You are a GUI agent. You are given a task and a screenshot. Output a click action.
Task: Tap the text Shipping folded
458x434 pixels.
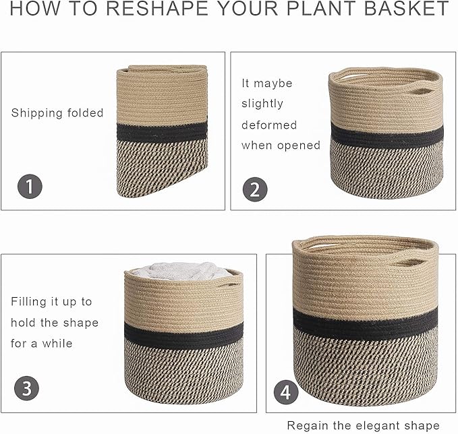point(57,113)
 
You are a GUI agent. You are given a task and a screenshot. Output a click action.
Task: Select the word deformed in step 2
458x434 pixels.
point(269,125)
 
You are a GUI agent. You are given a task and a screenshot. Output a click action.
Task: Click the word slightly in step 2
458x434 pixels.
point(262,104)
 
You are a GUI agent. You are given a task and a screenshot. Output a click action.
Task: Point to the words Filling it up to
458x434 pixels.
point(51,302)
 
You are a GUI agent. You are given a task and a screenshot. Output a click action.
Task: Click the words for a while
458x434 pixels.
point(42,344)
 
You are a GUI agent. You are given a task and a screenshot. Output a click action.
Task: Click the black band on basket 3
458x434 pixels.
point(183,334)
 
